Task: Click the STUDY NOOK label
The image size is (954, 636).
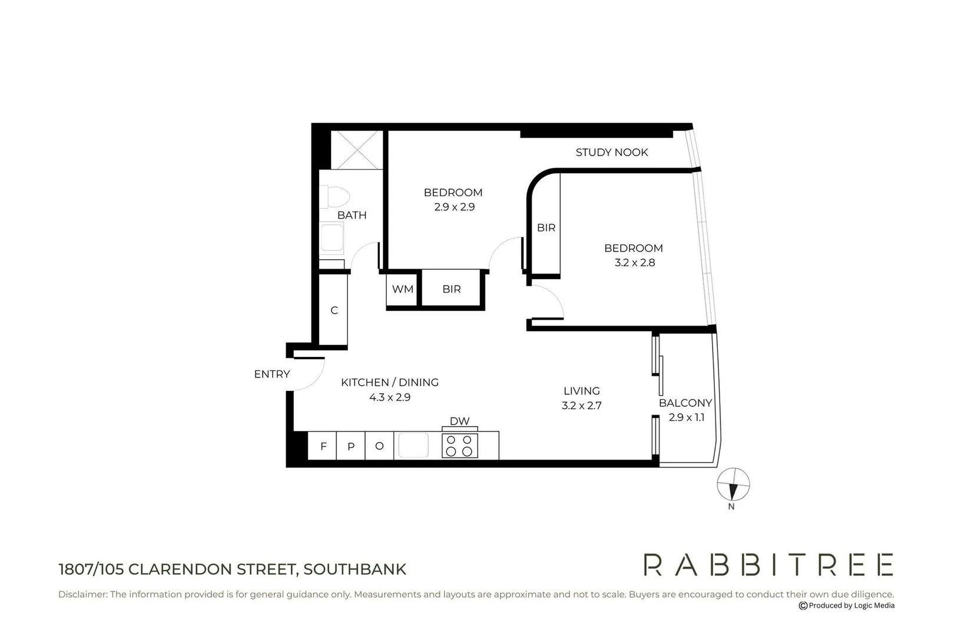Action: (x=611, y=153)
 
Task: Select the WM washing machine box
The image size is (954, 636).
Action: (x=402, y=289)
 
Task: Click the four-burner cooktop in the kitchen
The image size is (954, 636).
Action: (x=459, y=446)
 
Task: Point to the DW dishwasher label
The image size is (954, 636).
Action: (x=459, y=421)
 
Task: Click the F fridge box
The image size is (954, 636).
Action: (x=323, y=446)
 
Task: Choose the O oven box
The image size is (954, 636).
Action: (x=379, y=446)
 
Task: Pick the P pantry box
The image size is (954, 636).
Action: (x=351, y=446)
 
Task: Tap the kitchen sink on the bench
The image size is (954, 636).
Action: (x=413, y=445)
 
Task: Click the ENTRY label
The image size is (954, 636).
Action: (x=272, y=374)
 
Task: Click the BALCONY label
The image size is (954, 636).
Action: (x=685, y=403)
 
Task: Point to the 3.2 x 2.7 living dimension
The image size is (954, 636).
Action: (x=581, y=406)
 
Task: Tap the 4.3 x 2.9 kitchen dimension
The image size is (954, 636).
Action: (x=389, y=397)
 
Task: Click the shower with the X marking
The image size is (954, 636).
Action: (x=356, y=150)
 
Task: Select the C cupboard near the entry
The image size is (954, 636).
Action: (x=334, y=310)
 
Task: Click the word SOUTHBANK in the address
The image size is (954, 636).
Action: (x=355, y=569)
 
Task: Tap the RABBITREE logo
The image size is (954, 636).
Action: (x=768, y=565)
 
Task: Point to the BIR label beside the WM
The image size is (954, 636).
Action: (x=452, y=289)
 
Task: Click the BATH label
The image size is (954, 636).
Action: (x=352, y=216)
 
